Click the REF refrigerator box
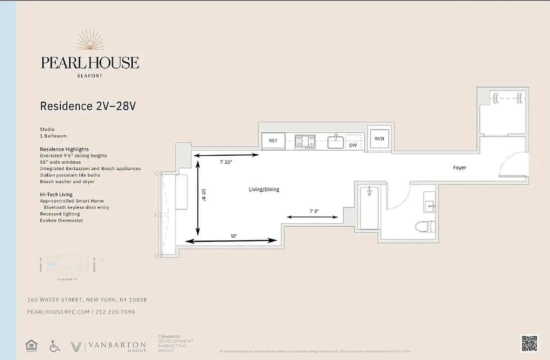(x=273, y=141)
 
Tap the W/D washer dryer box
(x=379, y=139)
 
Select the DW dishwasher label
(x=353, y=145)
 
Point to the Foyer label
(x=460, y=168)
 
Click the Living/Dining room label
(x=264, y=189)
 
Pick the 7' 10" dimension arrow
(x=226, y=155)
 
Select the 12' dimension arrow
(x=231, y=241)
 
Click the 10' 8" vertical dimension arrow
(x=197, y=197)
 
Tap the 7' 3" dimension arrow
(x=312, y=217)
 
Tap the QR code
(x=529, y=344)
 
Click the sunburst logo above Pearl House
(x=90, y=40)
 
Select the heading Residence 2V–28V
(x=88, y=106)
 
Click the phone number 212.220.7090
(x=115, y=312)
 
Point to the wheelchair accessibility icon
(x=54, y=346)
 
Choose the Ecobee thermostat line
(x=61, y=220)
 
